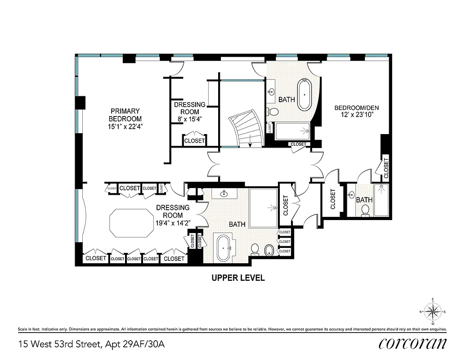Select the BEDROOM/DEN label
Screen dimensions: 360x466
(x=354, y=108)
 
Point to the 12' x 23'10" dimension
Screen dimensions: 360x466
(x=354, y=116)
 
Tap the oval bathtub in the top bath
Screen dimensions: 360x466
(x=305, y=94)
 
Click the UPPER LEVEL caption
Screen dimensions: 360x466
(x=238, y=278)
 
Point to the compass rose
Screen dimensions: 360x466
(x=432, y=311)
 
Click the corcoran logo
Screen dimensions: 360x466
(x=412, y=343)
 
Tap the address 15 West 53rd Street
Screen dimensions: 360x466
(x=61, y=345)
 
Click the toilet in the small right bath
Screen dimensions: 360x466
(x=365, y=210)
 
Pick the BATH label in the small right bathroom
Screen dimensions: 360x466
(x=364, y=200)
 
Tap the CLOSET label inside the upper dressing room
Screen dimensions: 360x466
(x=194, y=141)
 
